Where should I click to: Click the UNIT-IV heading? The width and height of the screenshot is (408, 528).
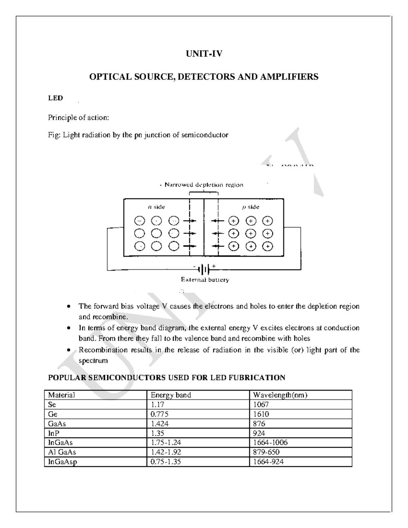[x=204, y=54]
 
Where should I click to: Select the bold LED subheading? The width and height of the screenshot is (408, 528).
[x=55, y=98]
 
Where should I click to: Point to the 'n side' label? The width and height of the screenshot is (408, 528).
[x=157, y=207]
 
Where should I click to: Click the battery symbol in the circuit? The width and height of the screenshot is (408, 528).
[x=204, y=270]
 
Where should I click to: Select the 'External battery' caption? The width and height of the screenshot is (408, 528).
[x=205, y=280]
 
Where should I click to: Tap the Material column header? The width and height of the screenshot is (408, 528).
[x=62, y=395]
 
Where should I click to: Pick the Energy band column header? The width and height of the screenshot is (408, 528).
[x=171, y=395]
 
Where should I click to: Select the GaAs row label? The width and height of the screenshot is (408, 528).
[x=57, y=424]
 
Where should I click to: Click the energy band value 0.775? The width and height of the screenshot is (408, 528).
[x=159, y=414]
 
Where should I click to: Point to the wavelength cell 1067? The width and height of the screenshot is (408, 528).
[x=261, y=405]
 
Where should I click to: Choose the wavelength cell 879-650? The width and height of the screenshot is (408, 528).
[x=266, y=452]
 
